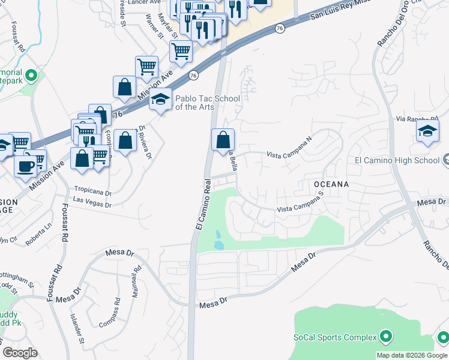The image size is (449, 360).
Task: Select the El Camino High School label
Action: [x=397, y=160]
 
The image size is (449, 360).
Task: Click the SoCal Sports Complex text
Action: [x=335, y=337]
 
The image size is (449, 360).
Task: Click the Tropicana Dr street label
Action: [x=92, y=193]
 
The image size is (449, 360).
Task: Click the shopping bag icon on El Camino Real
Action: [x=223, y=140]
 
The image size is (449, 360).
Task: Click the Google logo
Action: [x=20, y=353]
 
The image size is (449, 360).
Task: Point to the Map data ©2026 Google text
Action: [x=412, y=355]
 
